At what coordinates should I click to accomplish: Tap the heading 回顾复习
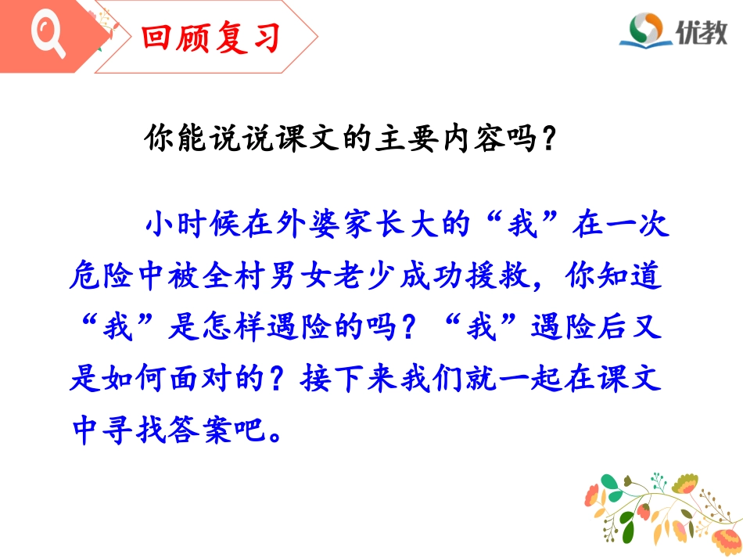click(x=210, y=37)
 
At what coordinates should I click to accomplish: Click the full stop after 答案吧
click(x=272, y=430)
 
